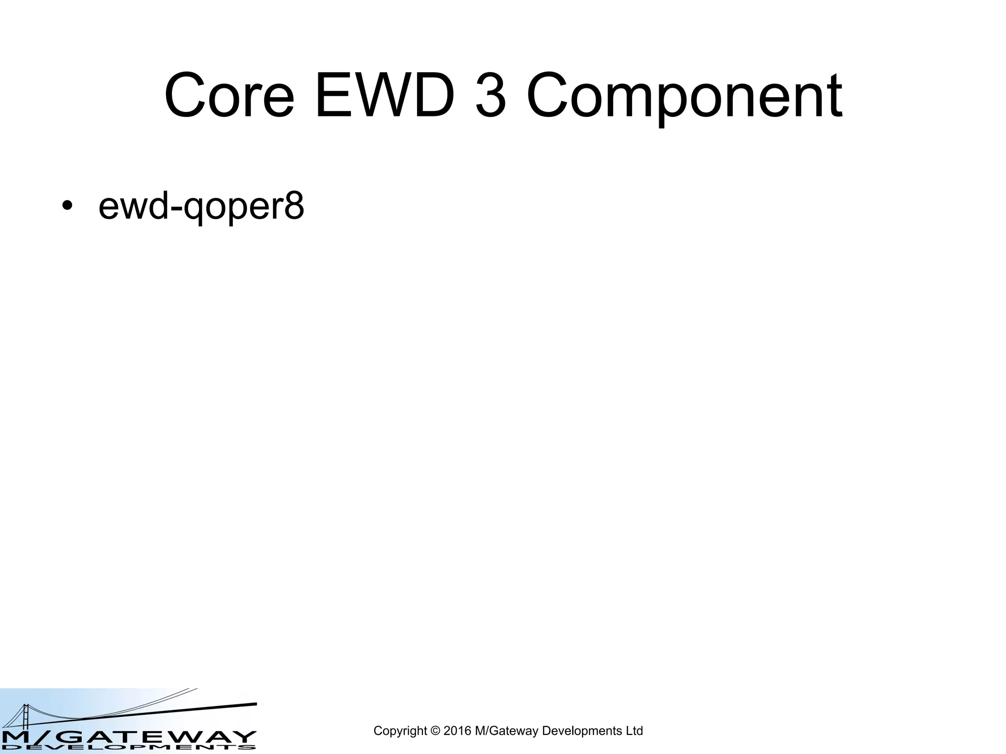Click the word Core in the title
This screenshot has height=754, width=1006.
pos(229,96)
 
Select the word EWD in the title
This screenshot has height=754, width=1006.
pos(385,96)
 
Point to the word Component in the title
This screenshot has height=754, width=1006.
pos(684,96)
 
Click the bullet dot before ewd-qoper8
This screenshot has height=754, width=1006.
pos(67,206)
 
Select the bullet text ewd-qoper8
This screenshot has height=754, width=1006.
pos(201,206)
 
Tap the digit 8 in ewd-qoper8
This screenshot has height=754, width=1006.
pos(294,206)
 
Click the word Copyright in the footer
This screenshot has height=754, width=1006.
pos(400,731)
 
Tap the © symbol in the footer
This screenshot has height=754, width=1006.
pos(435,731)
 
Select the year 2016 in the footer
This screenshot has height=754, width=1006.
pos(457,731)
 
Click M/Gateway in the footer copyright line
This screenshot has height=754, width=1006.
pos(506,731)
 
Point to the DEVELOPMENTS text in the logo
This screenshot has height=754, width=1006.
pos(128,748)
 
